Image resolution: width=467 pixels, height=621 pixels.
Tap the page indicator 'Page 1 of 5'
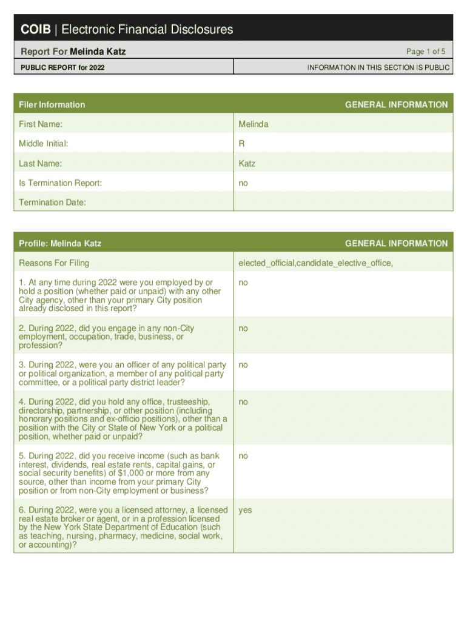(426, 52)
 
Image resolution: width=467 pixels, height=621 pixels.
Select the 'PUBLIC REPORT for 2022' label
(62, 67)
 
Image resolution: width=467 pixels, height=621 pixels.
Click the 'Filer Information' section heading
(52, 105)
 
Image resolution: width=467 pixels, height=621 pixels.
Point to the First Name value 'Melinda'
(254, 124)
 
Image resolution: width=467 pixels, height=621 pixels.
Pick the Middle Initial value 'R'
(241, 144)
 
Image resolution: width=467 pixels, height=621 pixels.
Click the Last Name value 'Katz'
(247, 163)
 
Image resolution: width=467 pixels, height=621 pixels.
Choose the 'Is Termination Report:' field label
(61, 183)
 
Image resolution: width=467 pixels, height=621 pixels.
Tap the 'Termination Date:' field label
(52, 202)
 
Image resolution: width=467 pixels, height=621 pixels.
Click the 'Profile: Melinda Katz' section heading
(60, 243)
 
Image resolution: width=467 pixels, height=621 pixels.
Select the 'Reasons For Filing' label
(54, 263)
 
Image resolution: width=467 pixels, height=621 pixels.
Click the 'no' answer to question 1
(243, 283)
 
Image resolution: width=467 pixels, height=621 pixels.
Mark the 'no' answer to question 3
(243, 365)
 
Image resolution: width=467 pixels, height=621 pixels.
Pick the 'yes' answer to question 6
(245, 510)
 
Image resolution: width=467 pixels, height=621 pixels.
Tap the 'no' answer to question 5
(243, 455)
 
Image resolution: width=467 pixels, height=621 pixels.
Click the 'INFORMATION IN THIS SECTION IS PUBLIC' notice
(378, 67)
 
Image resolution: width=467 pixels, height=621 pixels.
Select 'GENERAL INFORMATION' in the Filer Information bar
(396, 105)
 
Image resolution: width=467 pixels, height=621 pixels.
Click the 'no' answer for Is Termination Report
(243, 183)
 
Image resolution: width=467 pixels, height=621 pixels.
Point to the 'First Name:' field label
(41, 124)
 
